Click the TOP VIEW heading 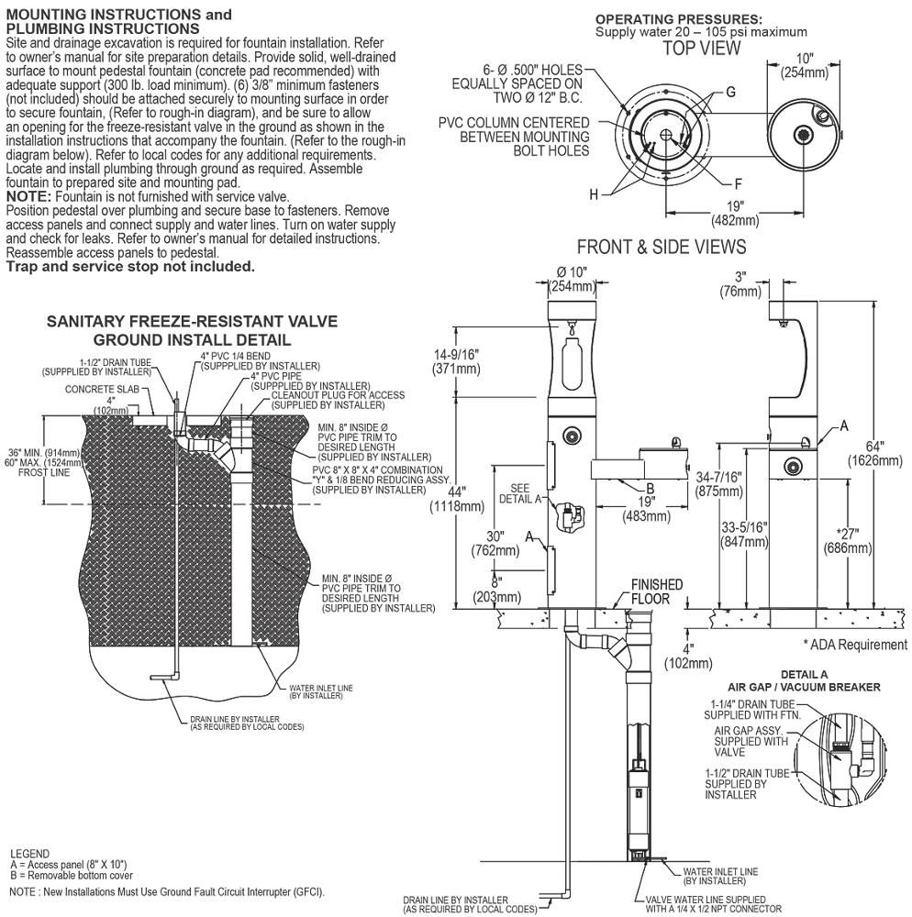[701, 48]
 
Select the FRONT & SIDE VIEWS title [662, 247]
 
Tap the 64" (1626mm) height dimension [874, 453]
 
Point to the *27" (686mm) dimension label [847, 541]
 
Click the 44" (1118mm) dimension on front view [457, 499]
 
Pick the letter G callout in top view [730, 92]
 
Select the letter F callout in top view [739, 184]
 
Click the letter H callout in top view [594, 194]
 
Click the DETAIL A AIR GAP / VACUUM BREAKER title [804, 680]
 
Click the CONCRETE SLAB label [102, 389]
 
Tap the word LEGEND [30, 853]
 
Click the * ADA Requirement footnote [855, 645]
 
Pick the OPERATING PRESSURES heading [679, 20]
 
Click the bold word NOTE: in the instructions [28, 196]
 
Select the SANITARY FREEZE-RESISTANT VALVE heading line [192, 321]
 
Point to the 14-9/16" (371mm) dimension [456, 361]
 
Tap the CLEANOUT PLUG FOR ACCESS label [338, 395]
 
